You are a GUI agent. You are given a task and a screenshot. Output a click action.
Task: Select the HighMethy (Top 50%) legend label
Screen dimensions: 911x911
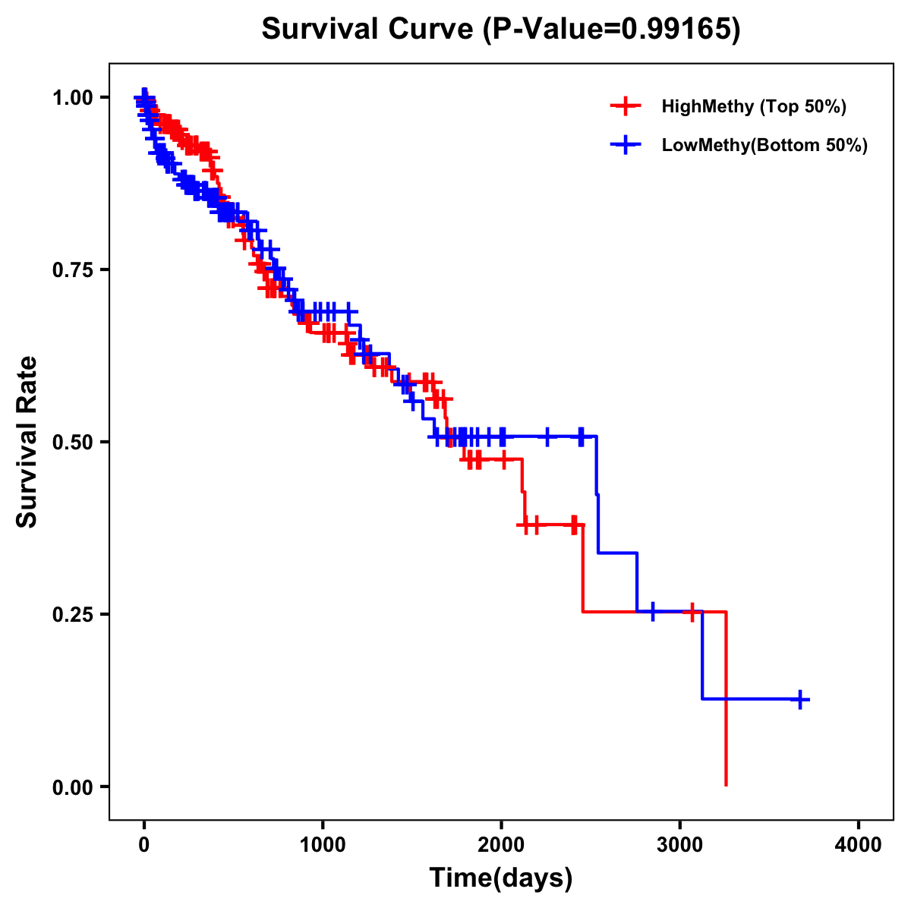click(x=753, y=106)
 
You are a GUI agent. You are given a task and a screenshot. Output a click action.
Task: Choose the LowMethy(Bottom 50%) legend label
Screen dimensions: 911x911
click(x=764, y=145)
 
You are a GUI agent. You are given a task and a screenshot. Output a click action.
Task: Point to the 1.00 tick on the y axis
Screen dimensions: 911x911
click(x=72, y=97)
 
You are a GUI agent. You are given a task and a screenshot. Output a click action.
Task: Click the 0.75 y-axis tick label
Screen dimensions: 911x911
click(x=72, y=270)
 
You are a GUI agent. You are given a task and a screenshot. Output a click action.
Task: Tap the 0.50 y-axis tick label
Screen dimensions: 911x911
click(x=72, y=442)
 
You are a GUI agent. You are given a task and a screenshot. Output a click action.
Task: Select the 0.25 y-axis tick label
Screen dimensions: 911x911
click(x=72, y=614)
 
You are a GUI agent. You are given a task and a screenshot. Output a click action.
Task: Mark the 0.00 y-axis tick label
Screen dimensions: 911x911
click(x=72, y=786)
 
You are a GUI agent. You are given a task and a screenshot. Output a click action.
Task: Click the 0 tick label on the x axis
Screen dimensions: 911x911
click(x=144, y=845)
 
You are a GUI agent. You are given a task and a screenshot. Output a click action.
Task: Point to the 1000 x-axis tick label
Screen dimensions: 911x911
click(x=323, y=845)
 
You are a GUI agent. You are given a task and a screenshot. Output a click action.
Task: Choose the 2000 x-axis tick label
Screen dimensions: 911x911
click(x=501, y=845)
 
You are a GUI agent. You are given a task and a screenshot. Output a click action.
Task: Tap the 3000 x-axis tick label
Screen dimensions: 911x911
click(x=679, y=845)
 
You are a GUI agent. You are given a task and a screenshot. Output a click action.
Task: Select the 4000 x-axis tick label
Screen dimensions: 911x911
click(x=859, y=845)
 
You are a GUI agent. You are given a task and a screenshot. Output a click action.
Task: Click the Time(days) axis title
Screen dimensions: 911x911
click(x=501, y=878)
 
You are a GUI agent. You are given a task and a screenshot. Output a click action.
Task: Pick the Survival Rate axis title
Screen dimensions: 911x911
click(x=28, y=441)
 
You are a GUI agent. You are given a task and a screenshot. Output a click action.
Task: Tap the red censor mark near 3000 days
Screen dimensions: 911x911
click(x=692, y=612)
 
